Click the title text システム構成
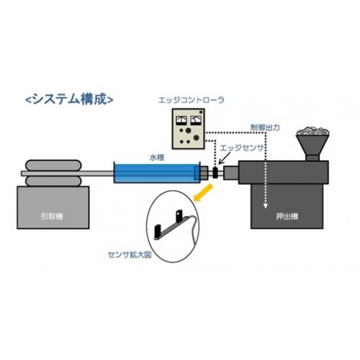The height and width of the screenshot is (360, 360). [x=70, y=99]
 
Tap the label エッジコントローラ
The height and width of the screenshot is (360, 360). [x=191, y=100]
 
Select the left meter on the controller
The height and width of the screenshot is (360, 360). [x=181, y=120]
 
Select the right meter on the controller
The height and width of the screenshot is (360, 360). [x=196, y=120]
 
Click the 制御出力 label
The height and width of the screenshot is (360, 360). [x=265, y=127]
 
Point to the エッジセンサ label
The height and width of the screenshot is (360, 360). [x=242, y=148]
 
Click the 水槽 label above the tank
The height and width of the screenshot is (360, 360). [x=157, y=158]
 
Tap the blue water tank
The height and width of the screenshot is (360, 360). [x=156, y=173]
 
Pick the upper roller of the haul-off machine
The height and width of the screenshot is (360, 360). [x=53, y=166]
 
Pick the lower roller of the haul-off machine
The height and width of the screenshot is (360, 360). [x=53, y=181]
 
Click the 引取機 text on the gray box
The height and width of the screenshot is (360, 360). [x=52, y=217]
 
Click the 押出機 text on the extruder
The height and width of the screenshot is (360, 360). [x=287, y=217]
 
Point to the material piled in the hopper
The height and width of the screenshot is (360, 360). [x=312, y=131]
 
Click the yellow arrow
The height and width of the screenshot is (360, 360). [x=204, y=192]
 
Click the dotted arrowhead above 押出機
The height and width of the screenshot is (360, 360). [x=265, y=206]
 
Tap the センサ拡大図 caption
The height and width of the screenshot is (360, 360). [x=130, y=255]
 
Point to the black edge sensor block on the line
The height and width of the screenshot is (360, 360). [x=215, y=173]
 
